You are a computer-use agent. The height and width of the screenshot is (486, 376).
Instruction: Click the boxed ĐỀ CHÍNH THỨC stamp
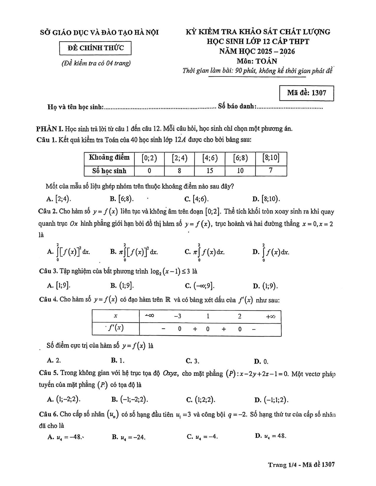tap(95, 48)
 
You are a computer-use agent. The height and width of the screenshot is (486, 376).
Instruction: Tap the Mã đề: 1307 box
tap(306, 93)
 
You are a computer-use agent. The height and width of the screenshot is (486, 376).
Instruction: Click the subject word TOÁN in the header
tap(266, 61)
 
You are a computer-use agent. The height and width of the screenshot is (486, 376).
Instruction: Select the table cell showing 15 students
tap(210, 171)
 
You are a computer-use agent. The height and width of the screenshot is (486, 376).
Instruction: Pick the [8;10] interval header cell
tap(271, 158)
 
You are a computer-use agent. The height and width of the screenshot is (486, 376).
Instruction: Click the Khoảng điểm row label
tap(109, 158)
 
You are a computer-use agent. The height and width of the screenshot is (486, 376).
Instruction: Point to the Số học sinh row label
tap(109, 171)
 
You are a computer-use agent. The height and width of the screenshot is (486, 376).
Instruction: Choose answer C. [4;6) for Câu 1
tap(196, 199)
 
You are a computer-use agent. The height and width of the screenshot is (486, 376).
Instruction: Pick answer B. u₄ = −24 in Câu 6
tap(129, 437)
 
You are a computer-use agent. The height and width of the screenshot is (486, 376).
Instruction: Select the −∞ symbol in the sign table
tap(149, 316)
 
